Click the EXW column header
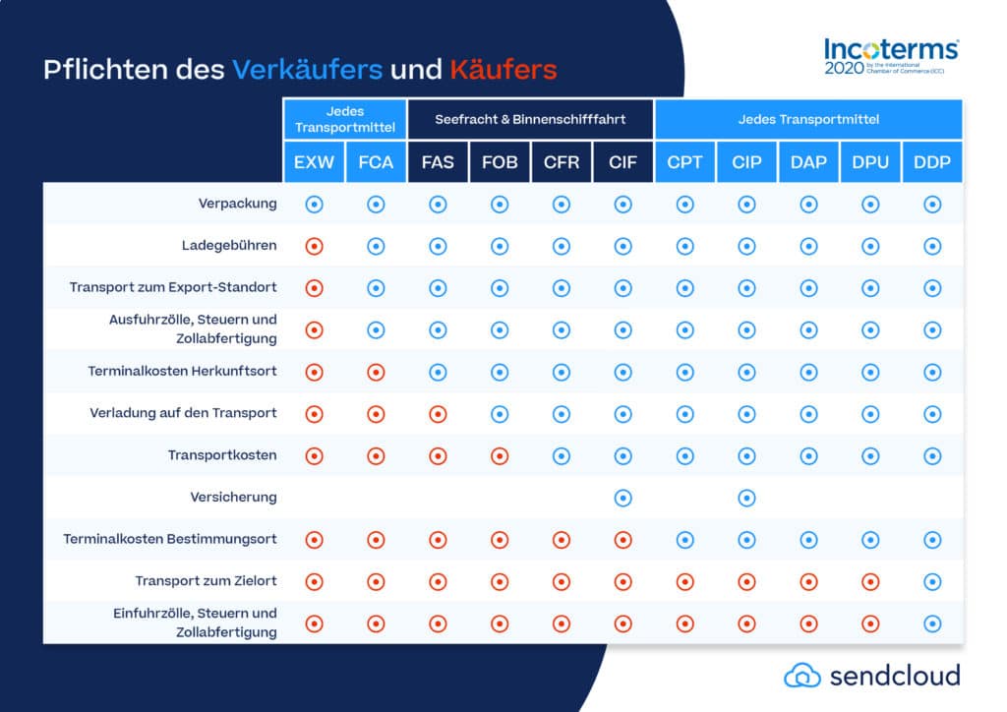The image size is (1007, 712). (x=315, y=162)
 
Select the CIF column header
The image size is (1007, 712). (x=622, y=162)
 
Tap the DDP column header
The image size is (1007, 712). (x=932, y=162)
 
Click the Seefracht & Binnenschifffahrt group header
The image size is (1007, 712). (x=531, y=120)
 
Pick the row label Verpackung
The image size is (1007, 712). (x=238, y=204)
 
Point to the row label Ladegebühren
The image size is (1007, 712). (x=229, y=246)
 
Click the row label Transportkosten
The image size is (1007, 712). (x=222, y=455)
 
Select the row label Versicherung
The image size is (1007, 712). (x=233, y=498)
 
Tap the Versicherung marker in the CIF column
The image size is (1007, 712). (x=622, y=498)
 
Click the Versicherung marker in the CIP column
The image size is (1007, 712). (x=746, y=498)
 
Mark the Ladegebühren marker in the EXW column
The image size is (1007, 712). (x=315, y=246)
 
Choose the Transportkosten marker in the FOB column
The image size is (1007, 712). (x=500, y=455)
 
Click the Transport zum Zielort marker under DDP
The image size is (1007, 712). (x=932, y=581)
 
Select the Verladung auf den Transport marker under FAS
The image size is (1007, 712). (x=438, y=414)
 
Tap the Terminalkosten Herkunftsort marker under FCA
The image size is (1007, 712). (x=376, y=372)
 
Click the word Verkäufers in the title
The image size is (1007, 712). (x=307, y=71)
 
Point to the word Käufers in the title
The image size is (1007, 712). (x=503, y=71)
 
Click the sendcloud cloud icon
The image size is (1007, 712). (x=801, y=675)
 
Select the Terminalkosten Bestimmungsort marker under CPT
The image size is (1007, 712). (x=684, y=539)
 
